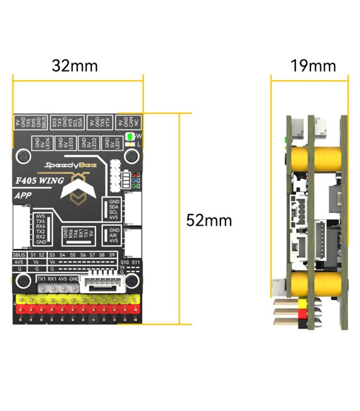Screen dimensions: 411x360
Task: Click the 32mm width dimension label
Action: click(75, 66)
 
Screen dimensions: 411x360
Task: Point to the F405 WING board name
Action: click(40, 181)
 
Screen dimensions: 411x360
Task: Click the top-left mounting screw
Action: click(24, 155)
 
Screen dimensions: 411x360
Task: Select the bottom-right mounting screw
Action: click(132, 281)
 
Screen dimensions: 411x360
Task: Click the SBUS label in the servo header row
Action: click(19, 255)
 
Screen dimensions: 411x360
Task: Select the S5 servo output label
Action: click(73, 255)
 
